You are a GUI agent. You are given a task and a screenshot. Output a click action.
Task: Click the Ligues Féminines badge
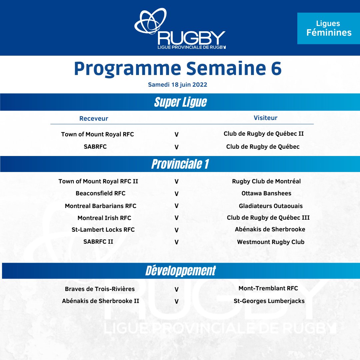coord(329,28)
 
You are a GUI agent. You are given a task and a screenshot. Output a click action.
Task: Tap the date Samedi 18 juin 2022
coord(178,85)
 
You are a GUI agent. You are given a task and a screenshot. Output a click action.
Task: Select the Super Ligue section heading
coord(180,102)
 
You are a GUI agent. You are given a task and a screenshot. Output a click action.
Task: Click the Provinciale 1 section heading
coord(180,164)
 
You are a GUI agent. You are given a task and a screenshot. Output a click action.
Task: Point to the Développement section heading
coord(180,271)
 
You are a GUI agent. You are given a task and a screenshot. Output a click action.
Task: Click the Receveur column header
coord(94,118)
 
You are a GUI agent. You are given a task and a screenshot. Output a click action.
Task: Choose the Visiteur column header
coord(265,118)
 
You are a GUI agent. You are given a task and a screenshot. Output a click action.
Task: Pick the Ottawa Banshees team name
coord(266,193)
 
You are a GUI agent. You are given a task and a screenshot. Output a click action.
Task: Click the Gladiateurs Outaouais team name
coord(271,206)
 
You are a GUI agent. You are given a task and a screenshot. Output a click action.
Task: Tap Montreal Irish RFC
coord(104,218)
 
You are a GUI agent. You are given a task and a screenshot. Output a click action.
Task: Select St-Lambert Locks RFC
coord(103,230)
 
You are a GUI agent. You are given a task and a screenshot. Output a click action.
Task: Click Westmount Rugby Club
coord(271,242)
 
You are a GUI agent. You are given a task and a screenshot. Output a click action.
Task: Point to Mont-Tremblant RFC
coord(268,288)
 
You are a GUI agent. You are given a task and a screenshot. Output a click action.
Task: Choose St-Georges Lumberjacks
coord(269,301)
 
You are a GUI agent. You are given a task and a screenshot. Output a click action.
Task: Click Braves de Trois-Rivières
coord(100,289)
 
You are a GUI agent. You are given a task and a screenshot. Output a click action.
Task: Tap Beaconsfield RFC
coord(100,193)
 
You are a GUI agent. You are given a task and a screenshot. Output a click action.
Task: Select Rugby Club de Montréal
coord(266,181)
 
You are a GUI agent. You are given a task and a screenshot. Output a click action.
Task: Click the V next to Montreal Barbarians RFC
coord(177,206)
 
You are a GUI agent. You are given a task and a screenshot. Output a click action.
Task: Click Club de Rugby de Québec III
coord(268,218)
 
